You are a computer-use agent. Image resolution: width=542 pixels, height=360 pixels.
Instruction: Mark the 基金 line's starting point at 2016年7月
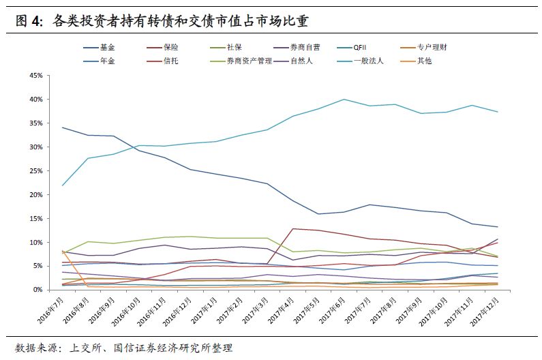62,127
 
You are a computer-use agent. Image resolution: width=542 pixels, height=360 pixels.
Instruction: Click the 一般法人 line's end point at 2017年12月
498,112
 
